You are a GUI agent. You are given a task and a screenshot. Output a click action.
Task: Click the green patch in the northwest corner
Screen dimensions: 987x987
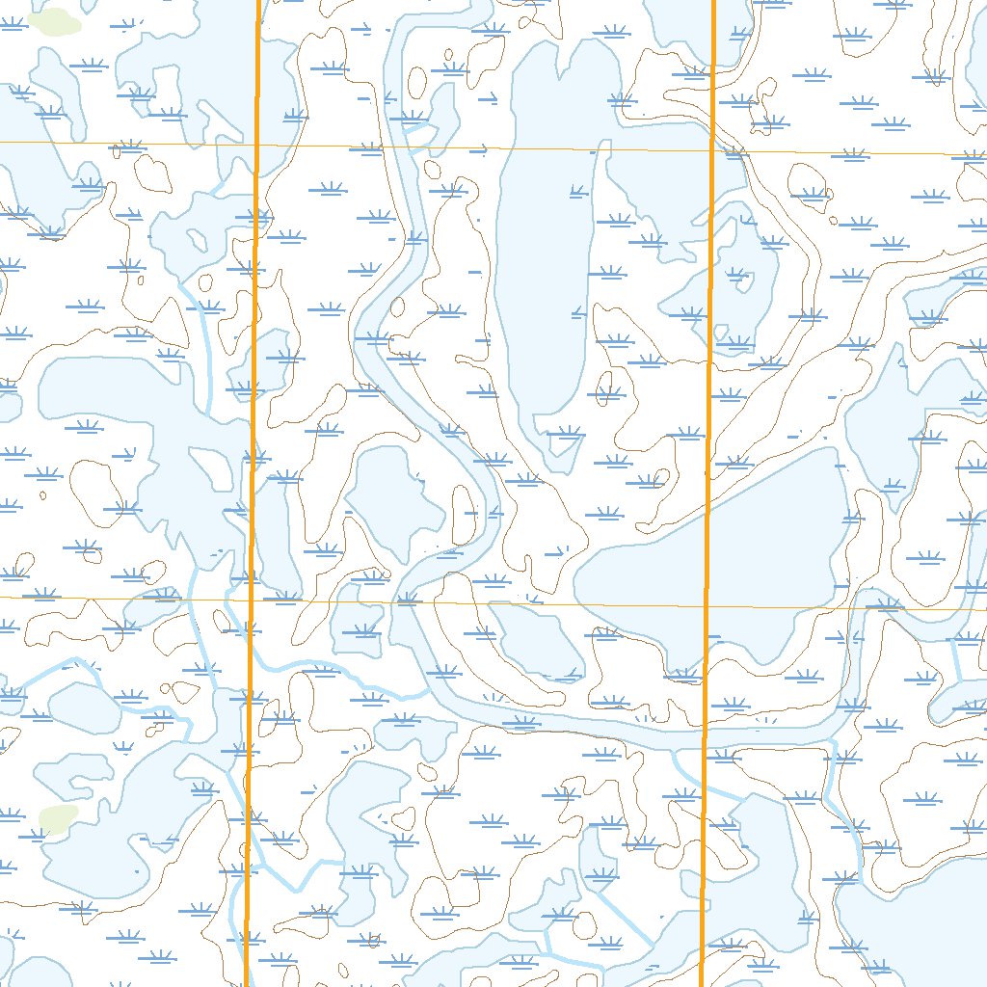click(53, 21)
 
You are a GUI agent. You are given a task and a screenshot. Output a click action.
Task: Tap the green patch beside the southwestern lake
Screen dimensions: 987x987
click(58, 819)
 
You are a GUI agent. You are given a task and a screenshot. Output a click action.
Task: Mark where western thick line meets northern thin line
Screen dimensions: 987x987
click(257, 145)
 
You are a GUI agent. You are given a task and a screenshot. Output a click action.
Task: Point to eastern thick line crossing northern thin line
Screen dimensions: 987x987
click(711, 150)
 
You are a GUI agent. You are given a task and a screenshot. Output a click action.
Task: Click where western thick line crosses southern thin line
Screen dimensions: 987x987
click(252, 600)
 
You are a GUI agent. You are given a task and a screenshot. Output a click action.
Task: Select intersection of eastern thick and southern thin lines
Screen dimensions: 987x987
click(706, 607)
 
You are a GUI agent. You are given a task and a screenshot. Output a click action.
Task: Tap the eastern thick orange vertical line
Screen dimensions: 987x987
click(708, 386)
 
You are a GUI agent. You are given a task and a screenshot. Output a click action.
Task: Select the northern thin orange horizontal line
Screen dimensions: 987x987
click(482, 147)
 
